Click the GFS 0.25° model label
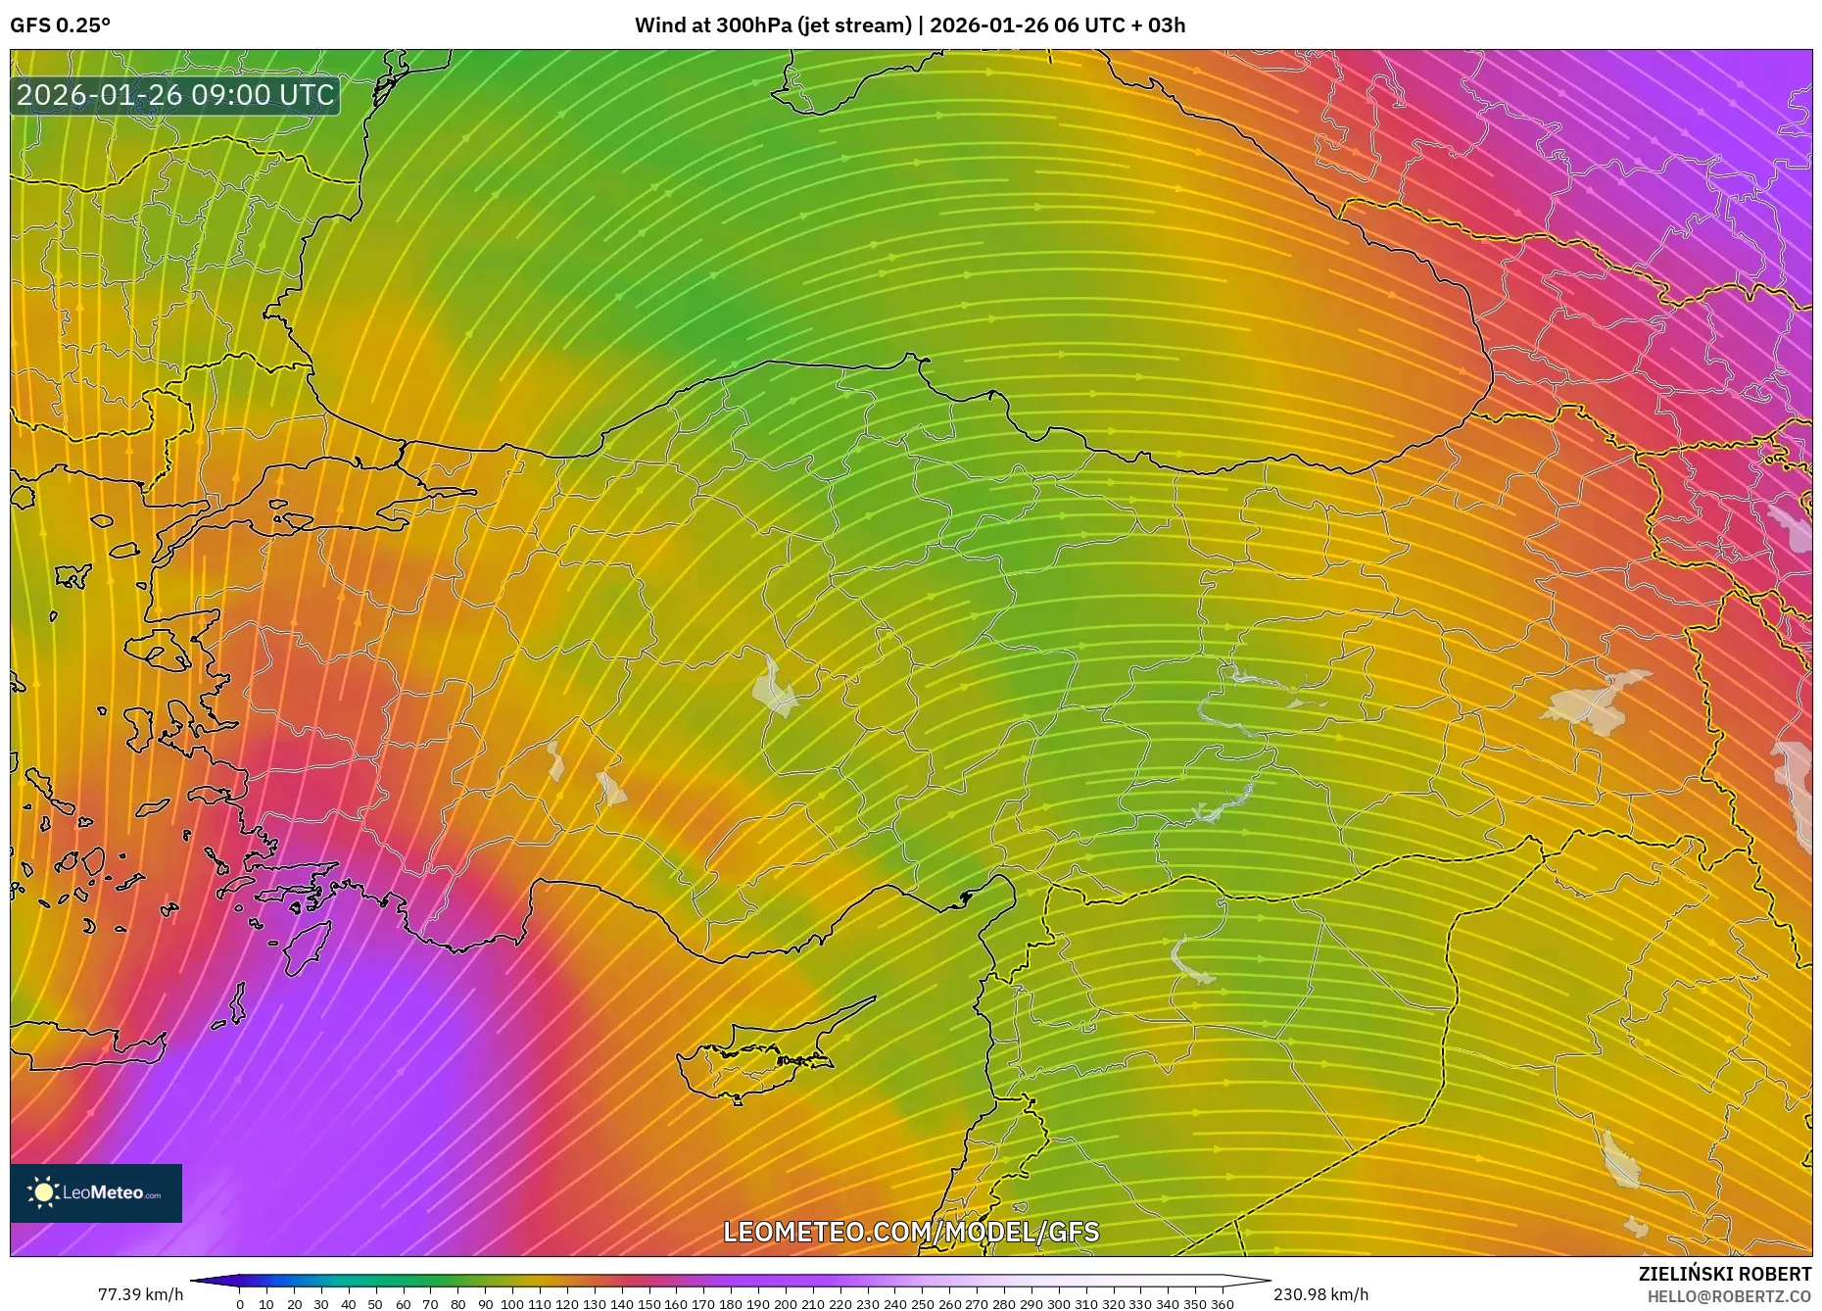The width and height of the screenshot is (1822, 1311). [60, 25]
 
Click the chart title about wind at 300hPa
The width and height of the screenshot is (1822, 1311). [909, 25]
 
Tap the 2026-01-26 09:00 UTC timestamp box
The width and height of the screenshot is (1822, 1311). [175, 95]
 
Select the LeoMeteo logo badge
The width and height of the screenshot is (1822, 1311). [96, 1192]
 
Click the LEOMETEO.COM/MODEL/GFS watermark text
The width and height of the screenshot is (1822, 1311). [911, 1232]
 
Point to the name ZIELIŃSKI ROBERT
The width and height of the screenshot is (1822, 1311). [1724, 1274]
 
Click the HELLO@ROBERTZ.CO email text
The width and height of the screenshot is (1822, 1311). [1729, 1296]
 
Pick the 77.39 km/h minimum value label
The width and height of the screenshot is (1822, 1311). [140, 1294]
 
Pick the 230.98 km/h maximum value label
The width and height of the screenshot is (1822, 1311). [1320, 1294]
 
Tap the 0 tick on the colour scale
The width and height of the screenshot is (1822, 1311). [240, 1303]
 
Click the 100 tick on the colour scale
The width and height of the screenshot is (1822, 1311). [512, 1303]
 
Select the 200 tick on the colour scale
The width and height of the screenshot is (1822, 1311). [786, 1303]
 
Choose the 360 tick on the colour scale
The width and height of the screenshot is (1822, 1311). [1222, 1303]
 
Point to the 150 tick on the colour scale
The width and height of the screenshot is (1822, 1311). [648, 1303]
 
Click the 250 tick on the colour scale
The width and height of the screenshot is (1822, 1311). [922, 1303]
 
